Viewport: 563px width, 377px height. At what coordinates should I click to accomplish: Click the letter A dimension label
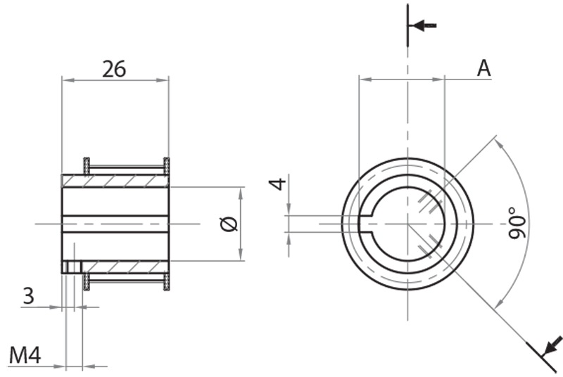pos(483,68)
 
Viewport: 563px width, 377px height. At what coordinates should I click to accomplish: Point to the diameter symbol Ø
pos(230,224)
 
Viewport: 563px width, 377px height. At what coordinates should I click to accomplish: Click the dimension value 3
pos(28,295)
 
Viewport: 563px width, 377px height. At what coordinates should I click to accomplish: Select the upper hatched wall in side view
pos(115,181)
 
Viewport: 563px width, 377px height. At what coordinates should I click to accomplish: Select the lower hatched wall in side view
pos(124,267)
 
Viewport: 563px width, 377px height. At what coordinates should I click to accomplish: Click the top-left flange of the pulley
pos(87,166)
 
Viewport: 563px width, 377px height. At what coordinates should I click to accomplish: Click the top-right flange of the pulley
pos(167,166)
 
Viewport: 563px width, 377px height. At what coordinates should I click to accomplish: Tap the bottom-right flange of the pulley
pos(167,281)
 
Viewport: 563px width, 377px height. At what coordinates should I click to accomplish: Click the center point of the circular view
pos(407,224)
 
